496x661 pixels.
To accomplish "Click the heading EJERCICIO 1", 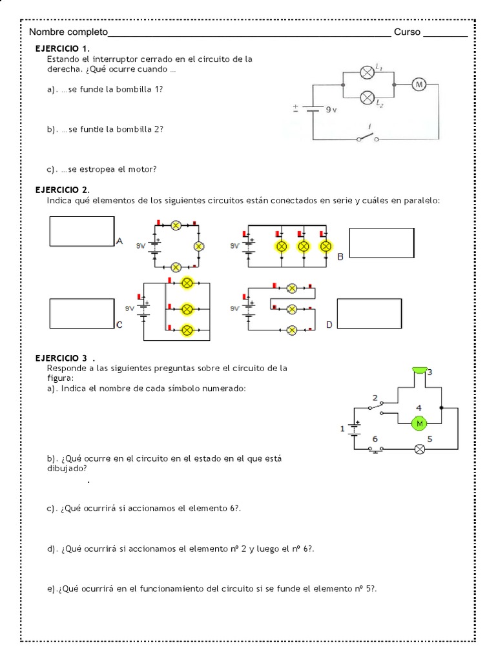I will coord(63,49).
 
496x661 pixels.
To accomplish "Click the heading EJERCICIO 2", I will coord(63,190).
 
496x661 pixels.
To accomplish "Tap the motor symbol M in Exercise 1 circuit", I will coord(418,85).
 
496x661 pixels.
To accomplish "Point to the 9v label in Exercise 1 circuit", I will coord(331,110).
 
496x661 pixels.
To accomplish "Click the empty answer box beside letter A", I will coord(82,231).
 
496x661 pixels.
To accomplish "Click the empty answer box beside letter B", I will coord(381,243).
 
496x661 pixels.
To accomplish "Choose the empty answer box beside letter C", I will coord(82,314).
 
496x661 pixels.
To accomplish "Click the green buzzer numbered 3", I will coord(419,370).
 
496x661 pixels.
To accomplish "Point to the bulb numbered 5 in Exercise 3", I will coord(419,449).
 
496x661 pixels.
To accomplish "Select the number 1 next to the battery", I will coord(343,428).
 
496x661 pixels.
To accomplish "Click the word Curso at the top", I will coord(407,32).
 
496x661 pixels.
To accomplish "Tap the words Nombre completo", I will coord(69,32).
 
